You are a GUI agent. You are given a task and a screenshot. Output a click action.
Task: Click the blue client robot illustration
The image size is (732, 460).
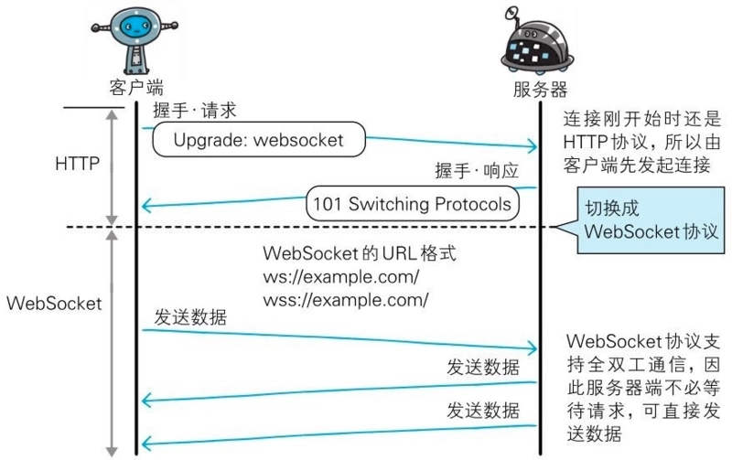click(x=135, y=39)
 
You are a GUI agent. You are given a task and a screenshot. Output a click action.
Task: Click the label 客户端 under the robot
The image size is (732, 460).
click(x=136, y=87)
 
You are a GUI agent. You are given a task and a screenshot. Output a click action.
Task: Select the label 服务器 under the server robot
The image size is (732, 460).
click(x=540, y=89)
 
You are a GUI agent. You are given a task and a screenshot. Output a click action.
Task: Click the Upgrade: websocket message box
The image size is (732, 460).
click(x=259, y=140)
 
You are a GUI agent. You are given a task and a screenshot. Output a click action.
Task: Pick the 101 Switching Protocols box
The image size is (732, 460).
click(x=413, y=204)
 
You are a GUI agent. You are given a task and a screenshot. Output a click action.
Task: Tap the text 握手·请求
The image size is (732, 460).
click(x=195, y=111)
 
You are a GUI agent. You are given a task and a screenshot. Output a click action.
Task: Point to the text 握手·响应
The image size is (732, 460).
click(x=477, y=171)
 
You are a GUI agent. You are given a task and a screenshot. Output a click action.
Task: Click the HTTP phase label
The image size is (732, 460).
click(x=78, y=164)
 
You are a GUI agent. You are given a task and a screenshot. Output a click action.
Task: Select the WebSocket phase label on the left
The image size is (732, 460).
click(x=54, y=304)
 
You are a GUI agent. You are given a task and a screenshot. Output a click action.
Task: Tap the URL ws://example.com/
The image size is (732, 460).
click(x=341, y=277)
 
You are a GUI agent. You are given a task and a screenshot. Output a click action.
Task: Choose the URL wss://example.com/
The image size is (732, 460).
click(x=346, y=300)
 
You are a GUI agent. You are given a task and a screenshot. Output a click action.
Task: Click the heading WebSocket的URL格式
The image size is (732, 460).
click(x=360, y=252)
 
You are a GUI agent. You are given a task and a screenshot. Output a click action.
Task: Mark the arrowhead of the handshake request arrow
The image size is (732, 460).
click(x=533, y=146)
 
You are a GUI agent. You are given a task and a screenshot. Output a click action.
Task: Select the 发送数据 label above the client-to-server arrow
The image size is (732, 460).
click(x=190, y=317)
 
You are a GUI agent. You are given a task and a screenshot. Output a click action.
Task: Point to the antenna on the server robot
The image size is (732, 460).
click(x=512, y=15)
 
